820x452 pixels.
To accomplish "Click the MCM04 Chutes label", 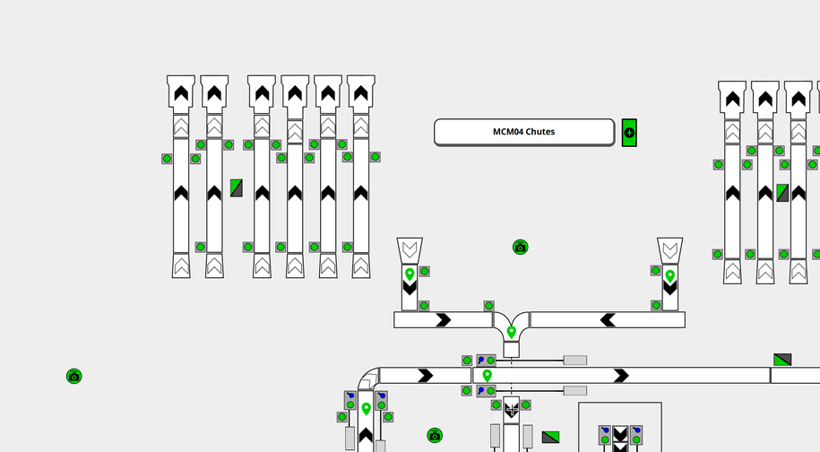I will pyautogui.click(x=524, y=132).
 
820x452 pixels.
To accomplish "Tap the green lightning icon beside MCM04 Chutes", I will pyautogui.click(x=629, y=134).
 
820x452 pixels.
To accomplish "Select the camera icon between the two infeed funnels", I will pyautogui.click(x=521, y=247).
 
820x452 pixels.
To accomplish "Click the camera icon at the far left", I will pyautogui.click(x=74, y=376).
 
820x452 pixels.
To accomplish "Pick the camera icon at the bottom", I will pyautogui.click(x=435, y=435).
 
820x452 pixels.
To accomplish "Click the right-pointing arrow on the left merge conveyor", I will pyautogui.click(x=443, y=319).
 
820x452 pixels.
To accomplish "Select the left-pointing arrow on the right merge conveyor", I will pyautogui.click(x=608, y=319).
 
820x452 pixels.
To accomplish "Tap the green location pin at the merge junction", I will pyautogui.click(x=511, y=332).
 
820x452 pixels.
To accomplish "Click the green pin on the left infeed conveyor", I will pyautogui.click(x=410, y=274).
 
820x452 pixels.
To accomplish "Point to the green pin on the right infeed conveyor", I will pyautogui.click(x=669, y=275).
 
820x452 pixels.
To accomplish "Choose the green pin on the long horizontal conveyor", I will pyautogui.click(x=487, y=375).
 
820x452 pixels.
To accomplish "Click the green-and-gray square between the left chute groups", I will pyautogui.click(x=237, y=187).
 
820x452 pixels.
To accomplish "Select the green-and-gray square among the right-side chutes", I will pyautogui.click(x=782, y=193).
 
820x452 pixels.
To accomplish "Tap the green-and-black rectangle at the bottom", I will pyautogui.click(x=551, y=437).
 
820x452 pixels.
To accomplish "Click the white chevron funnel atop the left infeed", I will pyautogui.click(x=410, y=248).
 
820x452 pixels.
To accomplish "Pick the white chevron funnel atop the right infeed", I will pyautogui.click(x=669, y=248).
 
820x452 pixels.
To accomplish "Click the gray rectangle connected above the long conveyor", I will pyautogui.click(x=575, y=361).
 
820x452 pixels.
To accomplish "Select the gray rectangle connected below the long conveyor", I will pyautogui.click(x=575, y=391).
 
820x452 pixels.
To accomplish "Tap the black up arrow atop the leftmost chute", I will pyautogui.click(x=181, y=92).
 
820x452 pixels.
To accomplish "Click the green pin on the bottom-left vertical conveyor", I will pyautogui.click(x=366, y=409).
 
